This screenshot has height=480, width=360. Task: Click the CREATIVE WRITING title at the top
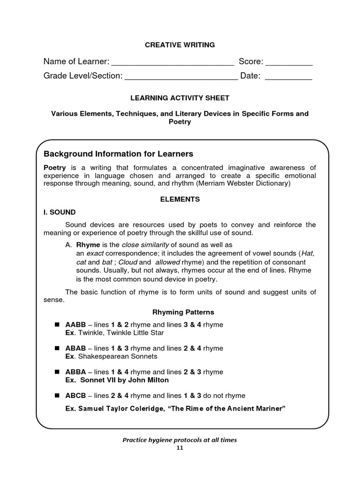pos(180,45)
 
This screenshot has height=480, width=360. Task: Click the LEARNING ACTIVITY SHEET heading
pos(180,97)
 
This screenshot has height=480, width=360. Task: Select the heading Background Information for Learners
pos(118,154)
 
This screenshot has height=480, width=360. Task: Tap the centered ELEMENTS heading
pos(180,199)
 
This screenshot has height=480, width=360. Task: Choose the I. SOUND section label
pos(60,212)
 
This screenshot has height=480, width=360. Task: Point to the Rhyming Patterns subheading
pos(183,312)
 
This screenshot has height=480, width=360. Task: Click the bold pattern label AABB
pos(75,324)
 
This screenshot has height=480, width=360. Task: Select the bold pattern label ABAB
pos(75,348)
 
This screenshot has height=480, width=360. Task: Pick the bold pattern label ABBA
pos(75,372)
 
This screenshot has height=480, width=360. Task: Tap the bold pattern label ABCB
pos(75,395)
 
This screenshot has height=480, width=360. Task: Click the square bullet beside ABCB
pos(57,395)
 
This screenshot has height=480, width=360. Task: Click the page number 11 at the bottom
pos(180,448)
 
